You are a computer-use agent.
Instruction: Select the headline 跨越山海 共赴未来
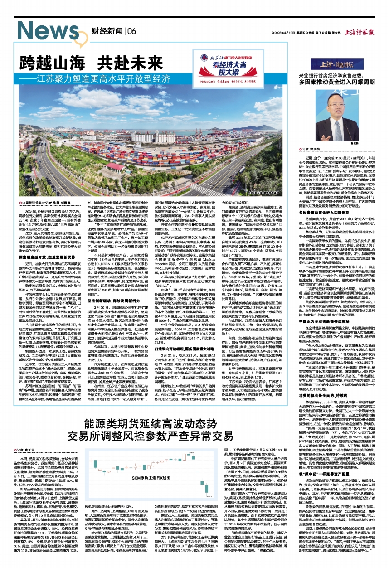coord(79,62)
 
